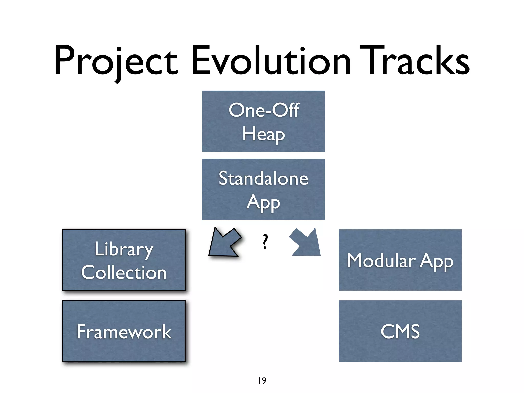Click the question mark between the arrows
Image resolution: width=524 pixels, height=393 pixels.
[265, 242]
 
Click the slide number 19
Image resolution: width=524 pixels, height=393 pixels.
[262, 381]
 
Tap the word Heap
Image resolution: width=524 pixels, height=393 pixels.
[263, 134]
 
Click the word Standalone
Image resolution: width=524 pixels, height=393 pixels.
[263, 179]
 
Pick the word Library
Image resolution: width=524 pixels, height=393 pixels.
[124, 249]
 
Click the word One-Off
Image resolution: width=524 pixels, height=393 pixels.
[264, 111]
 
